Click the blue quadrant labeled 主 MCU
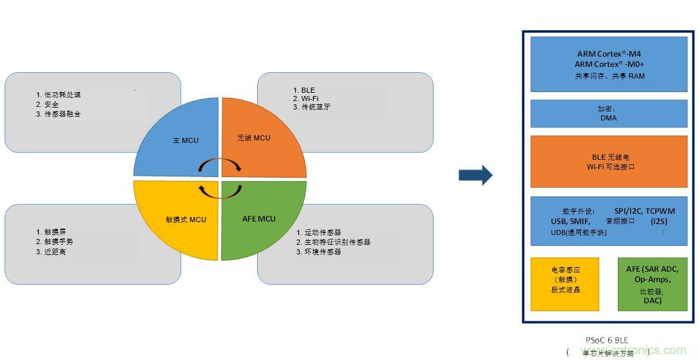click(184, 138)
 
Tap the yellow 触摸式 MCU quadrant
click(184, 220)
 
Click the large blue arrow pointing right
click(475, 175)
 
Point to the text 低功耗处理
click(62, 95)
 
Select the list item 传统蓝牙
click(315, 107)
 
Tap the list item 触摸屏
click(55, 232)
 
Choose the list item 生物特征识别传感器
click(337, 242)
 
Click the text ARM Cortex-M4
click(609, 55)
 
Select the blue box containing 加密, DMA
click(609, 113)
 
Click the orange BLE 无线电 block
click(609, 162)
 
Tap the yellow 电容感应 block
click(565, 284)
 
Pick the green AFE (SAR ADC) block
click(652, 284)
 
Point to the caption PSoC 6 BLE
click(607, 339)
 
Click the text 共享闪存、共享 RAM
click(609, 76)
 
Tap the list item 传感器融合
click(62, 114)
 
